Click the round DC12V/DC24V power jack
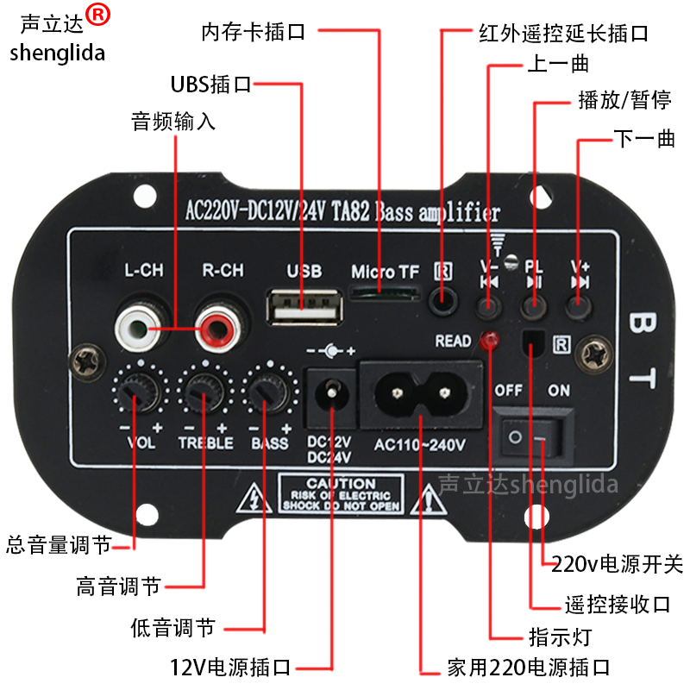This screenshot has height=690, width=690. coord(330,397)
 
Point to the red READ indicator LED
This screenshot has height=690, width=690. coord(491,341)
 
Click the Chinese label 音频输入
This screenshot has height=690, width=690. coord(173,122)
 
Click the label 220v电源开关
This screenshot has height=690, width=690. coord(617,565)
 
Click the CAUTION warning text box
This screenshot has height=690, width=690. coord(341,494)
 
